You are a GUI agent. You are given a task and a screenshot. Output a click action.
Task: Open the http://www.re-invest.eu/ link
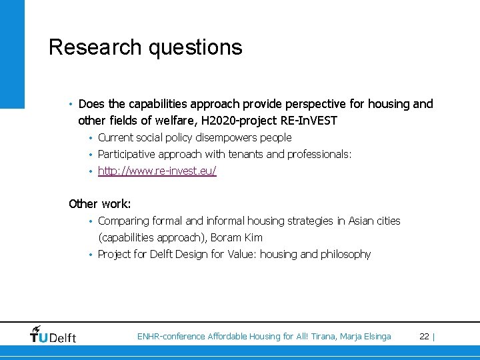pos(157,171)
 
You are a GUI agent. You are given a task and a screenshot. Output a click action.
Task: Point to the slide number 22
pos(424,337)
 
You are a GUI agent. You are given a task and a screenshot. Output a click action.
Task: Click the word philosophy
pos(345,254)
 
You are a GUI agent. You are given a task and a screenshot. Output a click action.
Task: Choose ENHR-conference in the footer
pos(171,337)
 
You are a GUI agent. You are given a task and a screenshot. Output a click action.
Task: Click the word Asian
pos(362,221)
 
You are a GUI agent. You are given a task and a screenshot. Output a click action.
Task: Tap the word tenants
pos(249,155)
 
